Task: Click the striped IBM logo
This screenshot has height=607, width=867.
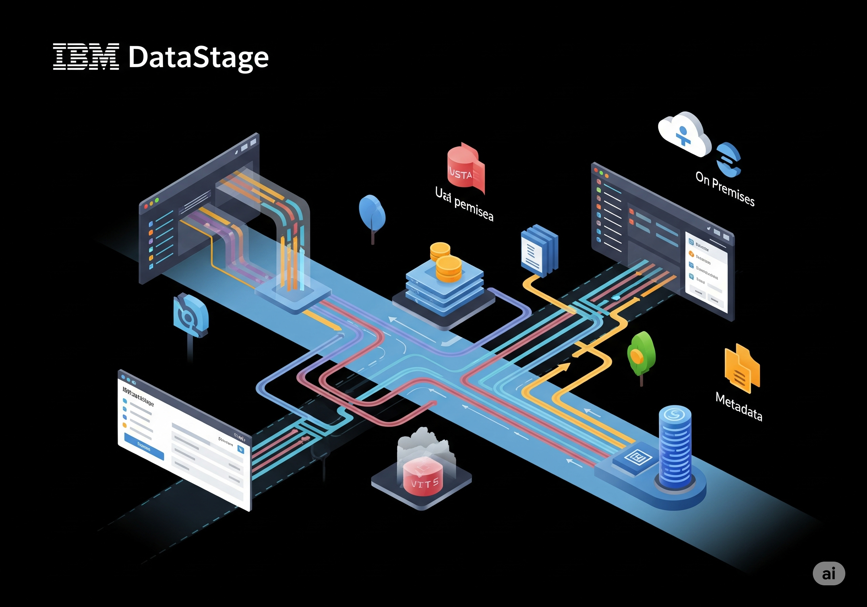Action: pos(86,57)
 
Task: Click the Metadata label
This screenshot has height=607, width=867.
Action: pos(739,407)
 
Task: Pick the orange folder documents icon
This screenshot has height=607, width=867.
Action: pos(741,369)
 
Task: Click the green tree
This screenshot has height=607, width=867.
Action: pos(641,354)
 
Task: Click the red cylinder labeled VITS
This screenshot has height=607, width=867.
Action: pos(423,476)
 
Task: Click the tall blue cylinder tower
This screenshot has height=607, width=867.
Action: pos(675,446)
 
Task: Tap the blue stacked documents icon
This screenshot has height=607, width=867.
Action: pos(539,250)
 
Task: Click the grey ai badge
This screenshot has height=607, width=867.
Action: pos(828,573)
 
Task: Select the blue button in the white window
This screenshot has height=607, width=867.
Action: pos(144,447)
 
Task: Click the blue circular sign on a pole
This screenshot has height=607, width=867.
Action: pos(190,316)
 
